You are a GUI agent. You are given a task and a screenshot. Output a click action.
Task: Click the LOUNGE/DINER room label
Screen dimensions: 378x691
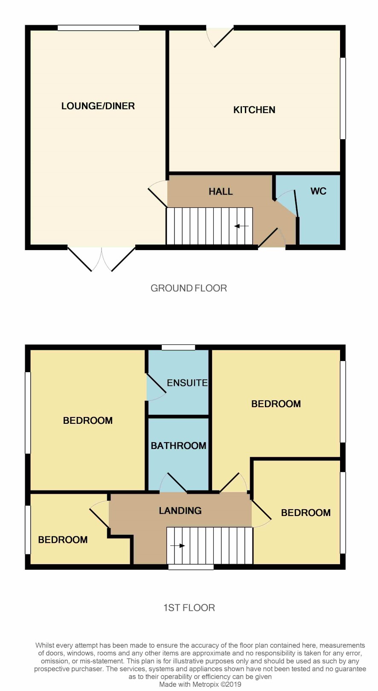point(98,106)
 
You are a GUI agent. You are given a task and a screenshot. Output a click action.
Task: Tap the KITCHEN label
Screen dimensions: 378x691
point(254,110)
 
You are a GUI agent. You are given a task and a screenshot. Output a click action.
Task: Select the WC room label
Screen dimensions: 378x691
point(318,191)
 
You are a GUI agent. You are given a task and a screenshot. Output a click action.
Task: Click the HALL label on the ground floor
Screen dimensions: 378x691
point(221,192)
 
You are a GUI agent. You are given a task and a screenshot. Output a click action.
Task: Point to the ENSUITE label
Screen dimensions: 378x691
point(187,383)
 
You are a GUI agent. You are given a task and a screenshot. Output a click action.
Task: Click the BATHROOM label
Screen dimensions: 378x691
point(178,446)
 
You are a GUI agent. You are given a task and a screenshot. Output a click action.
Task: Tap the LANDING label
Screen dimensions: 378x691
point(180,510)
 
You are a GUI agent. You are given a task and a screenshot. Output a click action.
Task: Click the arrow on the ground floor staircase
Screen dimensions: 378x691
point(241,226)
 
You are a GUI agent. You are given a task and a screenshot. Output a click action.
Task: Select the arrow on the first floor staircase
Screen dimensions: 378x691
point(177,546)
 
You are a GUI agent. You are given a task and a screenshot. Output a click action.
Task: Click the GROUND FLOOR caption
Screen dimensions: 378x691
point(189,288)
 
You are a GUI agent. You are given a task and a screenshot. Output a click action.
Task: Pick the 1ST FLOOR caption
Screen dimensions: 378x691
point(189,608)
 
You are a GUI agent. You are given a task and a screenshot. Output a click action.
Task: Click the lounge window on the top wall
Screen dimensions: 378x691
point(99,28)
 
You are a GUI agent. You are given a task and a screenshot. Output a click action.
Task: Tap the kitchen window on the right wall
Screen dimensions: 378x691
point(343,99)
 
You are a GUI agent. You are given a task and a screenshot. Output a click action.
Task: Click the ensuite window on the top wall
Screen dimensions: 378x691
point(178,347)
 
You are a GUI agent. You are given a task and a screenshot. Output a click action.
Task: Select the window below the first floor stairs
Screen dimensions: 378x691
point(191,567)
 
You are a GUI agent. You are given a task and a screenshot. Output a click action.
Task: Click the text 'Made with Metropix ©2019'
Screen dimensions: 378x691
point(200,684)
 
